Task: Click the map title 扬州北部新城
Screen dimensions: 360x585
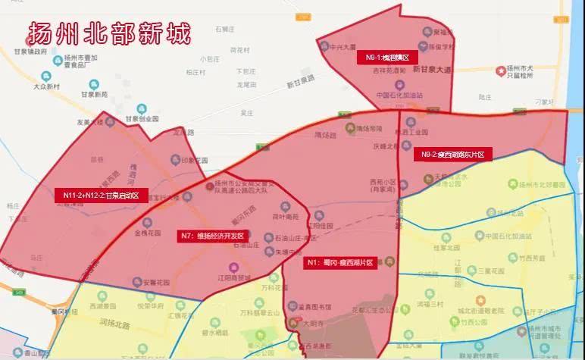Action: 109,33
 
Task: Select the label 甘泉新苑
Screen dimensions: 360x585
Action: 99,94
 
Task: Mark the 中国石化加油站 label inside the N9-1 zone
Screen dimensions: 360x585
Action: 399,95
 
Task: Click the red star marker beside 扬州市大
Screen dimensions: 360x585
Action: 500,70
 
